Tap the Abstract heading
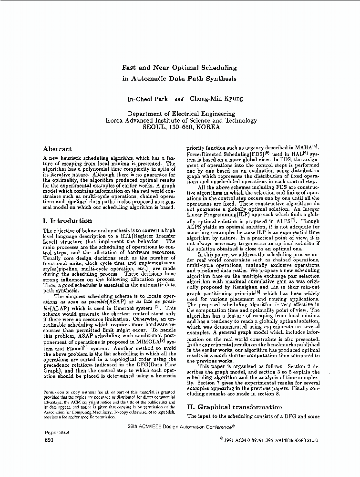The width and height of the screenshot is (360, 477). point(57,149)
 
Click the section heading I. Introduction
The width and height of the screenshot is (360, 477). point(67,221)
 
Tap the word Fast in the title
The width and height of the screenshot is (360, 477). point(130,68)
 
